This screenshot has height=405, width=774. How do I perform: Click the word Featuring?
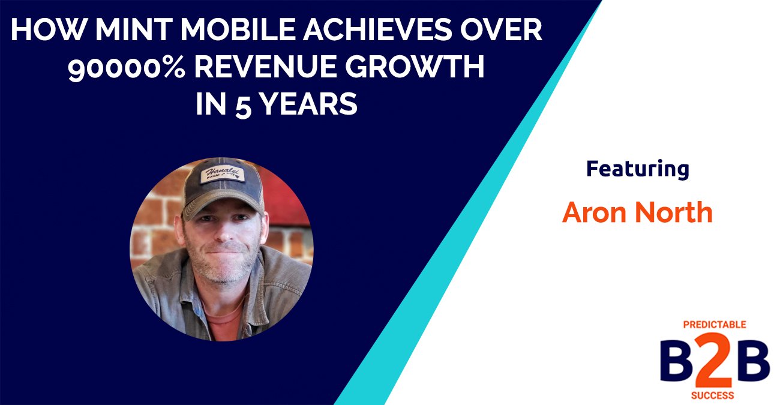click(x=637, y=170)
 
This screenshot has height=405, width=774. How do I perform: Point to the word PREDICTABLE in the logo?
click(x=714, y=325)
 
